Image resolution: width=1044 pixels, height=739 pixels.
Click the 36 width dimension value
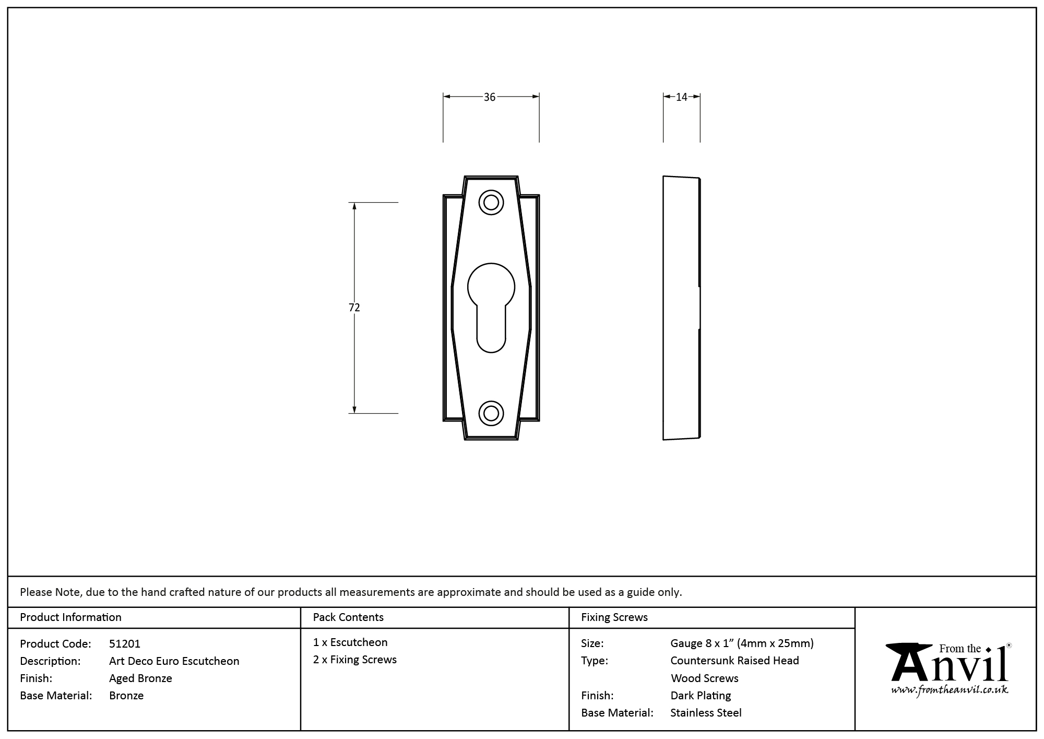pos(489,97)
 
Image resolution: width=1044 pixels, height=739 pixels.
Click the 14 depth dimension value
pos(681,97)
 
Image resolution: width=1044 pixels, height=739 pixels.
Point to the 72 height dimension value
pos(354,308)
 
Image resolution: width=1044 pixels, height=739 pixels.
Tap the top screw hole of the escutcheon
pos(491,202)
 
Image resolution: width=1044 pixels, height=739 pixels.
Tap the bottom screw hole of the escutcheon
pos(491,413)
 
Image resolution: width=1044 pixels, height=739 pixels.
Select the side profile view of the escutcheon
pos(681,308)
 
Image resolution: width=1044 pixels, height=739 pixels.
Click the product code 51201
pos(125,644)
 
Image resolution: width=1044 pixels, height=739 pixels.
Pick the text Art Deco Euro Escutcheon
pos(174,661)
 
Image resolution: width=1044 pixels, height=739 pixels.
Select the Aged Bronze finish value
pos(140,678)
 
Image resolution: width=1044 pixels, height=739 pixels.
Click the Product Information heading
pos(70,617)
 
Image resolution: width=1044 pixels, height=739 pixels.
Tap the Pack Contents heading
pos(348,617)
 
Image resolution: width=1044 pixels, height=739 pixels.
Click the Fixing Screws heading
pos(614,617)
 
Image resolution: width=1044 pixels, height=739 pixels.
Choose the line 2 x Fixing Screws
pos(354,660)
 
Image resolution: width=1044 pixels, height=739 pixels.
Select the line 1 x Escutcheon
pos(350,642)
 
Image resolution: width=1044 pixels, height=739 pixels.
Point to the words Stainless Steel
pos(706,713)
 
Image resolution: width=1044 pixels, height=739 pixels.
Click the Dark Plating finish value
pos(701,696)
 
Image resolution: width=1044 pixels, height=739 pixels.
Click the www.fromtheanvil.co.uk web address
pos(949,690)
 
